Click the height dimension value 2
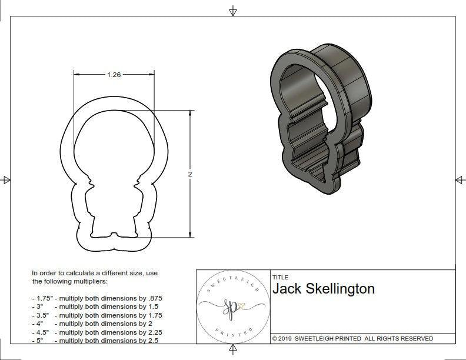pos(190,174)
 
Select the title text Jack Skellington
pos(323,289)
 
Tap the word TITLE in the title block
pos(280,278)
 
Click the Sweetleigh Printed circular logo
pos(232,306)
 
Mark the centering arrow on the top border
pos(234,11)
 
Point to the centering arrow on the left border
pos(6,179)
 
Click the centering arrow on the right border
pos(460,179)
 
